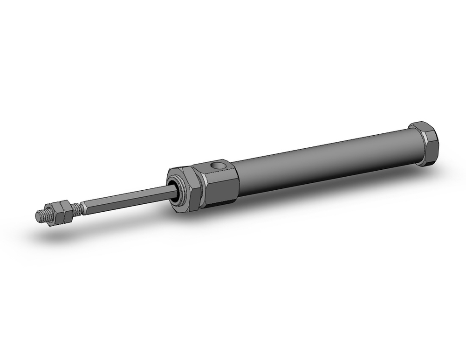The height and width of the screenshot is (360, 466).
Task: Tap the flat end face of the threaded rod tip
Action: [x=39, y=216]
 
